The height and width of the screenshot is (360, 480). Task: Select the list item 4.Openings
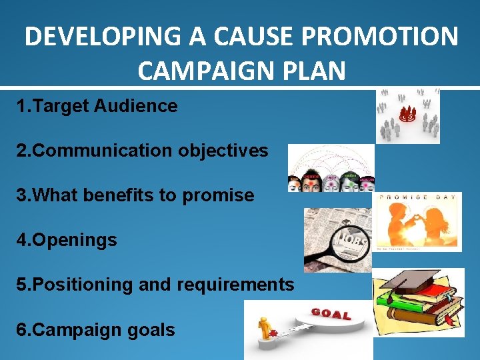click(x=67, y=240)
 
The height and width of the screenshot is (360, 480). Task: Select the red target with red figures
click(x=407, y=115)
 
